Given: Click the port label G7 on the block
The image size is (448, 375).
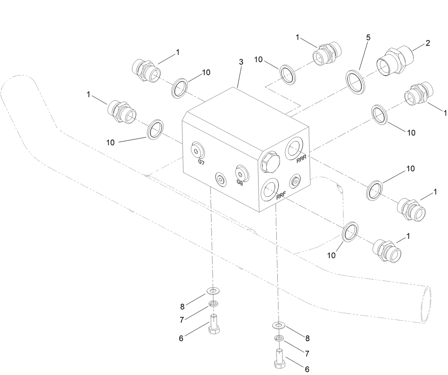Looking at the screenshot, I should (201, 162).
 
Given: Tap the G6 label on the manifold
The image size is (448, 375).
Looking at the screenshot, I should (240, 182).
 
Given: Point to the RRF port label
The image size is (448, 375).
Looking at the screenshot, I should (281, 196).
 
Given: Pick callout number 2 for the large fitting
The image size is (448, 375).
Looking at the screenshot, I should (428, 43).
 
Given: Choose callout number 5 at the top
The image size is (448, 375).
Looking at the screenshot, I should (368, 38).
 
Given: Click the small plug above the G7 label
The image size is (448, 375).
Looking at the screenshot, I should (197, 151).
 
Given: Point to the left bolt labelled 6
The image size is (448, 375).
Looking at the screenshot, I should (213, 324).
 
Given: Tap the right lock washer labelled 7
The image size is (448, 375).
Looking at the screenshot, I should (280, 338).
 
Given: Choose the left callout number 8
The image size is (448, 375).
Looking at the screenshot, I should (182, 306).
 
